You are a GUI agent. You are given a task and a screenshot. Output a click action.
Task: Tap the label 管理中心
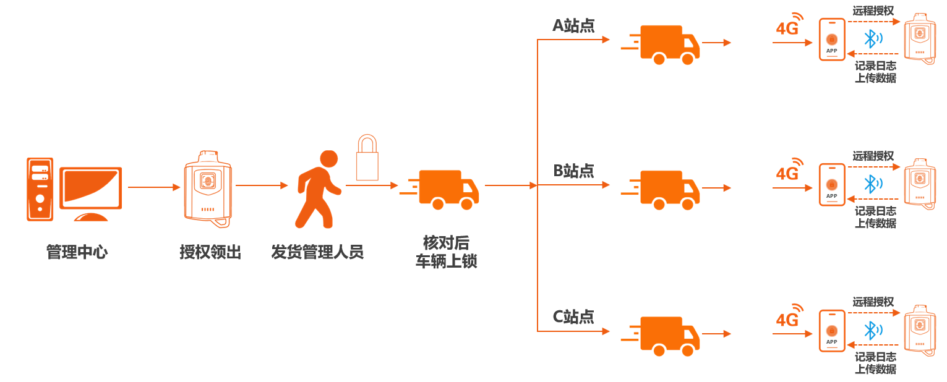pos(77,252)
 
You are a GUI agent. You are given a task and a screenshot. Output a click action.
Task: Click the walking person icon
pos(319,189)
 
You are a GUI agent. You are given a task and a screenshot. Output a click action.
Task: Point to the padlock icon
pos(367,158)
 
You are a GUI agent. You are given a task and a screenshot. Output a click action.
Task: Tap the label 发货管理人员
pos(317,252)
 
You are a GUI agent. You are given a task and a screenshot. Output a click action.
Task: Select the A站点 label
pos(573,26)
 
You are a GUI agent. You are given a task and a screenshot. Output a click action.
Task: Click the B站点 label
pos(573,171)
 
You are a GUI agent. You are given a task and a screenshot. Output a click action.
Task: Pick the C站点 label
pos(573,317)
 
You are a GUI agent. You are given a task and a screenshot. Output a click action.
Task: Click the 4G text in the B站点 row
pos(787,174)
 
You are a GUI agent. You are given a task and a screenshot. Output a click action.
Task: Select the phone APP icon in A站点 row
pos(831,39)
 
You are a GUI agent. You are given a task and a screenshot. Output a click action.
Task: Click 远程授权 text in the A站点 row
pos(873,11)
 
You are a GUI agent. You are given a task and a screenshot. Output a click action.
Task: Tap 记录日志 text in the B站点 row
pos(875,211)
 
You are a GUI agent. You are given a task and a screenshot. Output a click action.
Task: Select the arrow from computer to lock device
pos(152,186)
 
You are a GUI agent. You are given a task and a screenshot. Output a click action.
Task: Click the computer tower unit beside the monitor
pos(40,189)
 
